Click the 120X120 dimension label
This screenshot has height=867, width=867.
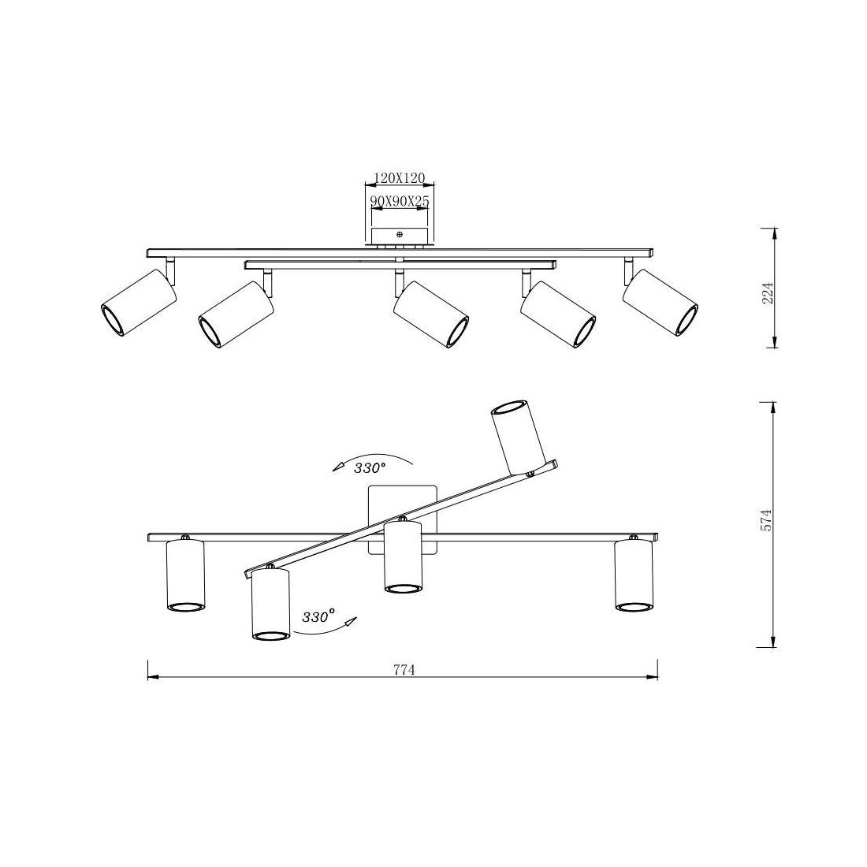tap(400, 177)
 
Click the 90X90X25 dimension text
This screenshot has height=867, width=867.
tap(400, 201)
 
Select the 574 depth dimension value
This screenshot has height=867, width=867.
tap(766, 520)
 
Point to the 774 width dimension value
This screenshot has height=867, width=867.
tap(404, 670)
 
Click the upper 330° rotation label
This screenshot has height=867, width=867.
tap(370, 468)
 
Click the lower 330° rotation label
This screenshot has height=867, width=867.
tap(318, 616)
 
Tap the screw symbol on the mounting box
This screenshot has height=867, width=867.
tap(400, 234)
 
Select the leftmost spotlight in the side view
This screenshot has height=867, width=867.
tap(139, 303)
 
